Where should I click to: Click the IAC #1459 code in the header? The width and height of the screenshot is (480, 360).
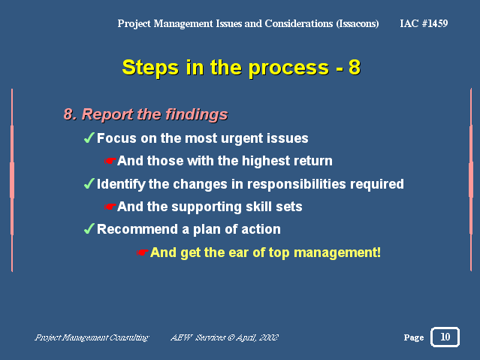pos(424,23)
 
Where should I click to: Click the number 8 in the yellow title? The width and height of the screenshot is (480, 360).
pos(355,67)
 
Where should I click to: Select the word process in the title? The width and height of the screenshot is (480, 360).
pos(288,68)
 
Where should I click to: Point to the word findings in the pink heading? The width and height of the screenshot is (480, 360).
pos(197,115)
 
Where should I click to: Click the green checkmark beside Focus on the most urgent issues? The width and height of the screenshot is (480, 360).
pos(89,138)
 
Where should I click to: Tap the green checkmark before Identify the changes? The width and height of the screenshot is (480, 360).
pos(89,183)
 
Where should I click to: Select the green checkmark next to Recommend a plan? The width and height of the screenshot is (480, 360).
pos(89,228)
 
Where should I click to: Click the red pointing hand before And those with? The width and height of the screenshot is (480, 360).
pos(110,161)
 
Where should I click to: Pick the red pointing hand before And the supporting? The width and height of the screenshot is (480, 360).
pos(110,207)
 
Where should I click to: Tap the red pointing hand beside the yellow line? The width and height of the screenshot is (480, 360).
pos(142,253)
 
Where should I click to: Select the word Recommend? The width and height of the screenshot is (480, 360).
pos(137,229)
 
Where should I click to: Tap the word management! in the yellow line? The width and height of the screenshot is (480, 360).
pos(337,253)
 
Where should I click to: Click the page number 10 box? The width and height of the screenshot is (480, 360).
pos(445,337)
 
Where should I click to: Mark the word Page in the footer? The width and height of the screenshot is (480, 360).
pos(414,337)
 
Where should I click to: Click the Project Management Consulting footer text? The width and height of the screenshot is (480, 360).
pos(92,337)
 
